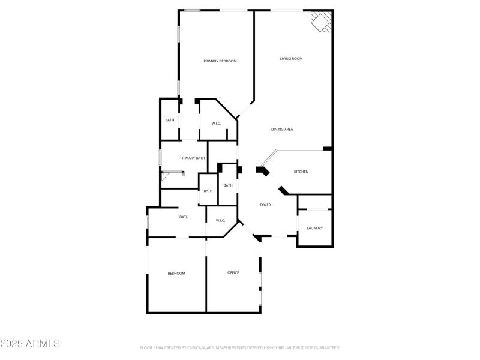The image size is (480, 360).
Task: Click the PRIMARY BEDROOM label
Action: [220, 61]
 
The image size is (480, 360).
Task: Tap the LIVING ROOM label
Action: [291, 59]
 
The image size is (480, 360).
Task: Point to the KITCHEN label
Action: [301, 172]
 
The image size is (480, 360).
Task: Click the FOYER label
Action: [265, 205]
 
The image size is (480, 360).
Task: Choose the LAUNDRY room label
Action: [315, 228]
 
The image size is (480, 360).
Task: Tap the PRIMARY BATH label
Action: [193, 158]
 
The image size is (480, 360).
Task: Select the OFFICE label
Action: [233, 273]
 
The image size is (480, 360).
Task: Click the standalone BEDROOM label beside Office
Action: [176, 274]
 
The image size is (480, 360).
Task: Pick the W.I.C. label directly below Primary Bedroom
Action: [216, 124]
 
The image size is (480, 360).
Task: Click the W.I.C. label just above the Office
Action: [220, 221]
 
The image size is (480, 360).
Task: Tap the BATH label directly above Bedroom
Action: [184, 217]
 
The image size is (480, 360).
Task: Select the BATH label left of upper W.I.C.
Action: [170, 120]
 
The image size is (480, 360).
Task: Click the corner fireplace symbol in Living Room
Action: [321, 22]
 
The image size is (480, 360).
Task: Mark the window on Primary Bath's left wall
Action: [160, 157]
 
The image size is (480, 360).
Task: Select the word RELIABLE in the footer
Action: [277, 348]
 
